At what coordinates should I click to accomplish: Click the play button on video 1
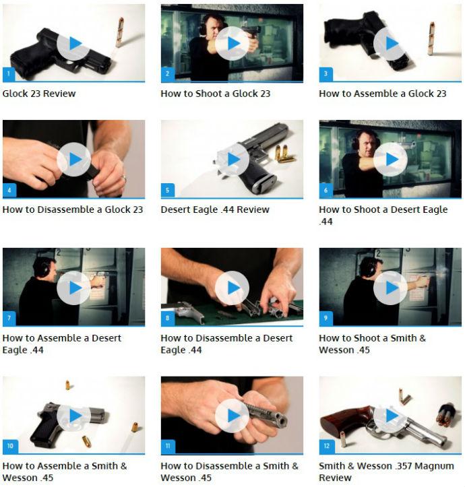pyautogui.click(x=73, y=44)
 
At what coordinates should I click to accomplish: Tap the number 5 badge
pyautogui.click(x=168, y=190)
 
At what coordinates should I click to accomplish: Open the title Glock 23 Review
pyautogui.click(x=39, y=94)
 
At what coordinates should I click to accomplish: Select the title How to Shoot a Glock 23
pyautogui.click(x=216, y=94)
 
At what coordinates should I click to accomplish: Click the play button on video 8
pyautogui.click(x=232, y=288)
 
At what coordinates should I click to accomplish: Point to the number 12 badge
pyautogui.click(x=327, y=446)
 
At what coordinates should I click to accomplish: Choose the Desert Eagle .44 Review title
pyautogui.click(x=215, y=209)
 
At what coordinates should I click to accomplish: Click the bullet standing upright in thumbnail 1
pyautogui.click(x=120, y=32)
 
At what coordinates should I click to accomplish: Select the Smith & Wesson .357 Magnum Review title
pyautogui.click(x=386, y=472)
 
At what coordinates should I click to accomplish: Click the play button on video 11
pyautogui.click(x=232, y=416)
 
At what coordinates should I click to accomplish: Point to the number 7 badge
pyautogui.click(x=9, y=318)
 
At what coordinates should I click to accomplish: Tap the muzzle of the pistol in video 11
pyautogui.click(x=282, y=421)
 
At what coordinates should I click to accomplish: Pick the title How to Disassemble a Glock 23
pyautogui.click(x=73, y=209)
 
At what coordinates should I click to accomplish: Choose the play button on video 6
pyautogui.click(x=390, y=160)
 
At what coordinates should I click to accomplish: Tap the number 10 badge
pyautogui.click(x=10, y=446)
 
